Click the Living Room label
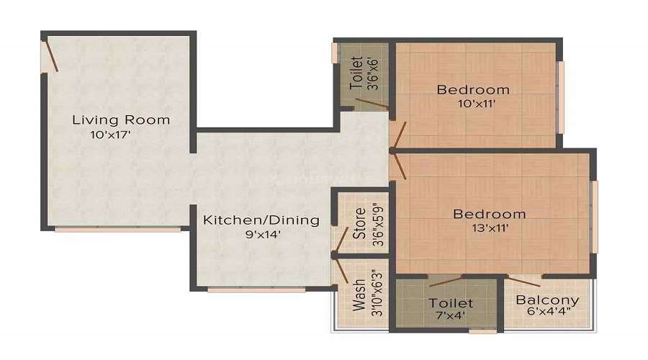121,120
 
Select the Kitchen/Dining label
261,220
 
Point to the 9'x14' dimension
261,233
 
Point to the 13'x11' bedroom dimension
489,228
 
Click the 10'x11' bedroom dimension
473,104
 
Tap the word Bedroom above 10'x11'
473,90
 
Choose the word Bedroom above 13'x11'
489,214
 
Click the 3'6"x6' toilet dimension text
373,72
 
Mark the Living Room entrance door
50,55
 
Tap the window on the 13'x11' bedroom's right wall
595,216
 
